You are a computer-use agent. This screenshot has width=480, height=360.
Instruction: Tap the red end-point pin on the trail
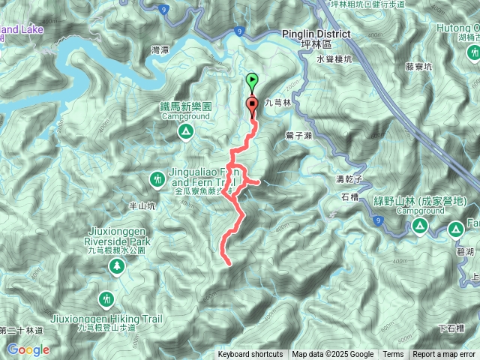tap(252, 106)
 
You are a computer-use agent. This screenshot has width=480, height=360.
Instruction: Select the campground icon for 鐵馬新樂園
tap(185, 132)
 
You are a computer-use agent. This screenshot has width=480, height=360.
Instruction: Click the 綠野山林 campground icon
tap(420, 226)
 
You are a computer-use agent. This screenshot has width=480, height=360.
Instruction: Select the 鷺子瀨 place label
tap(299, 135)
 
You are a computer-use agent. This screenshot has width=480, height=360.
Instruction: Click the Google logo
tap(28, 349)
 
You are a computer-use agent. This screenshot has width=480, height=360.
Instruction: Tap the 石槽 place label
tap(350, 197)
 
